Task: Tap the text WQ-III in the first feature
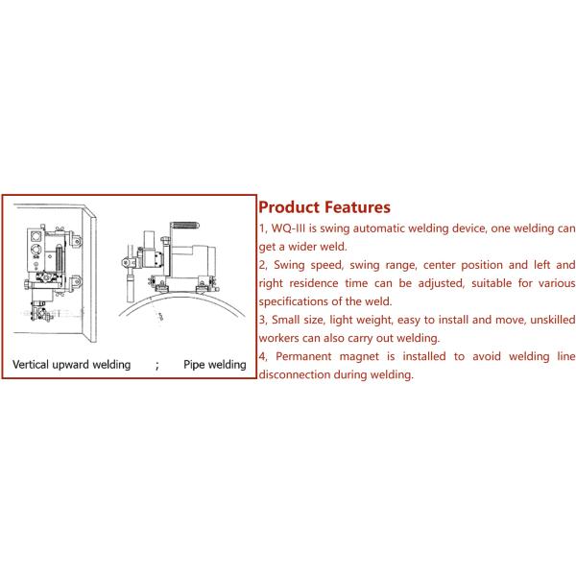tap(288, 228)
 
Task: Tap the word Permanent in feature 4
tap(303, 356)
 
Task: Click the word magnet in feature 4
tap(359, 357)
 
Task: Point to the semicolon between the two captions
tap(157, 366)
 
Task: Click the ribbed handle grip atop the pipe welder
tap(186, 226)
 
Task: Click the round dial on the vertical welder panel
tap(36, 249)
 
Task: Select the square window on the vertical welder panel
tap(36, 235)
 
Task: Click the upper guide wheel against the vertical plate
tap(76, 241)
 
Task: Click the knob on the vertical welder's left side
tap(27, 284)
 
